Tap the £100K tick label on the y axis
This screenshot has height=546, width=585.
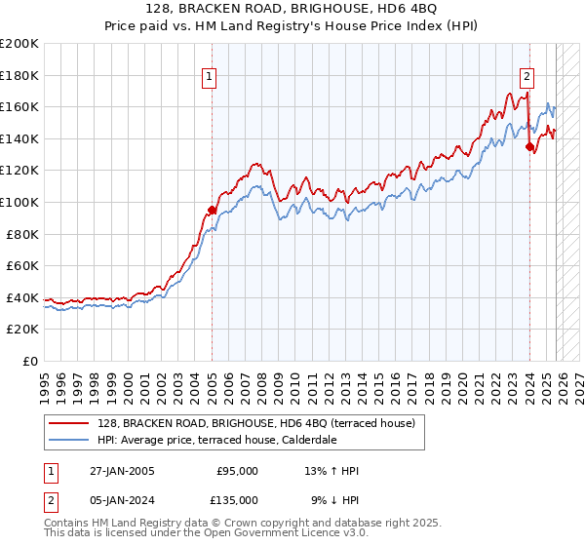pyautogui.click(x=19, y=202)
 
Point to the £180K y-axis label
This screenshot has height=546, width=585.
pyautogui.click(x=19, y=75)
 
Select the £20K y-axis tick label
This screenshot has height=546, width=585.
pyautogui.click(x=22, y=329)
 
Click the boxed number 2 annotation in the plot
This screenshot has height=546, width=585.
pyautogui.click(x=526, y=75)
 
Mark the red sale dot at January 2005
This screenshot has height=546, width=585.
pyautogui.click(x=212, y=210)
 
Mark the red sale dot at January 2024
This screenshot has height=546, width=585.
pyautogui.click(x=529, y=147)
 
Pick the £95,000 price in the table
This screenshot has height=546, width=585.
pyautogui.click(x=236, y=471)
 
